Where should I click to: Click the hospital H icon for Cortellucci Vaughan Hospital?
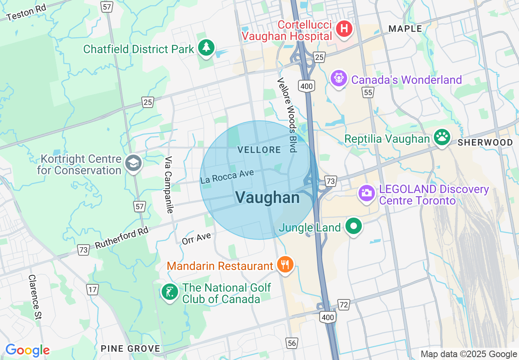point(344,29)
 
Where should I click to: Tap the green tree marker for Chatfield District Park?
point(206,48)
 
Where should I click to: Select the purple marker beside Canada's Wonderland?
point(338,78)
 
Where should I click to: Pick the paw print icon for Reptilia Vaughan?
point(442,138)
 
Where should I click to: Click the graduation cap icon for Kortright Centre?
point(133,163)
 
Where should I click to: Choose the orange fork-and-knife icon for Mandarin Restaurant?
point(285,264)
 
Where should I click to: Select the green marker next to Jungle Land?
point(354,226)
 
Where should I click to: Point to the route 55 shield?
point(368,93)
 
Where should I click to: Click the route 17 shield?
point(93,290)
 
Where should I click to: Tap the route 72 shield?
point(344,304)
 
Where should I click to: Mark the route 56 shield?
point(292,343)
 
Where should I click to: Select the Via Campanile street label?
point(169,184)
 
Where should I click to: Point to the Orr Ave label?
point(196,238)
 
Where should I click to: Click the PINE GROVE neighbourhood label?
point(131,349)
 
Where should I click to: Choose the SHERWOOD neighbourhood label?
point(485,142)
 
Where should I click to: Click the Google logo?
point(27,350)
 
